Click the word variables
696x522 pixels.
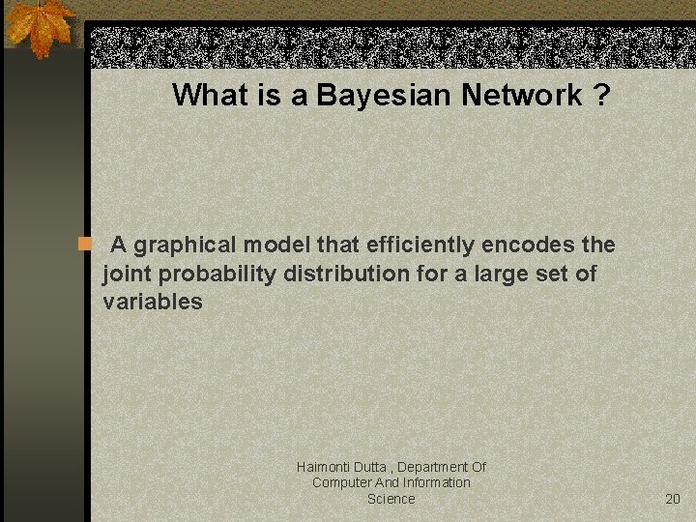pyautogui.click(x=153, y=302)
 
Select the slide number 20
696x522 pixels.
pyautogui.click(x=673, y=499)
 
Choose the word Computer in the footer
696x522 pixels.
pyautogui.click(x=343, y=482)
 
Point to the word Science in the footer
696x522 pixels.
pyautogui.click(x=391, y=499)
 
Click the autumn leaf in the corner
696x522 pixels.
pyautogui.click(x=41, y=26)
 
